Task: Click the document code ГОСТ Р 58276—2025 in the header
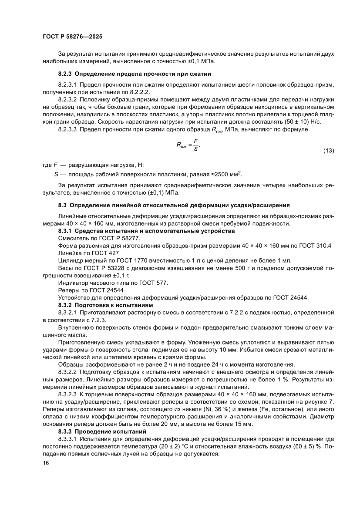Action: point(73,37)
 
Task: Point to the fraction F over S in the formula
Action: point(196,145)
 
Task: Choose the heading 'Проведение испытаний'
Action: point(108,432)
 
